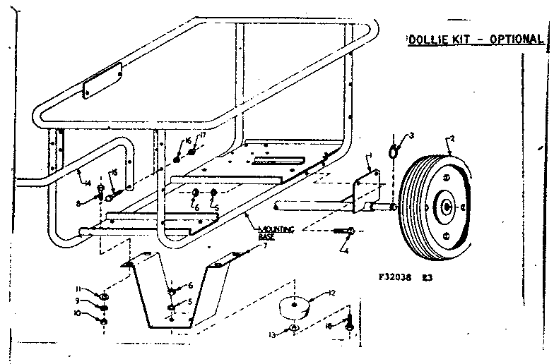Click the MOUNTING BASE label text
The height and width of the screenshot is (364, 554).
[276, 231]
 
